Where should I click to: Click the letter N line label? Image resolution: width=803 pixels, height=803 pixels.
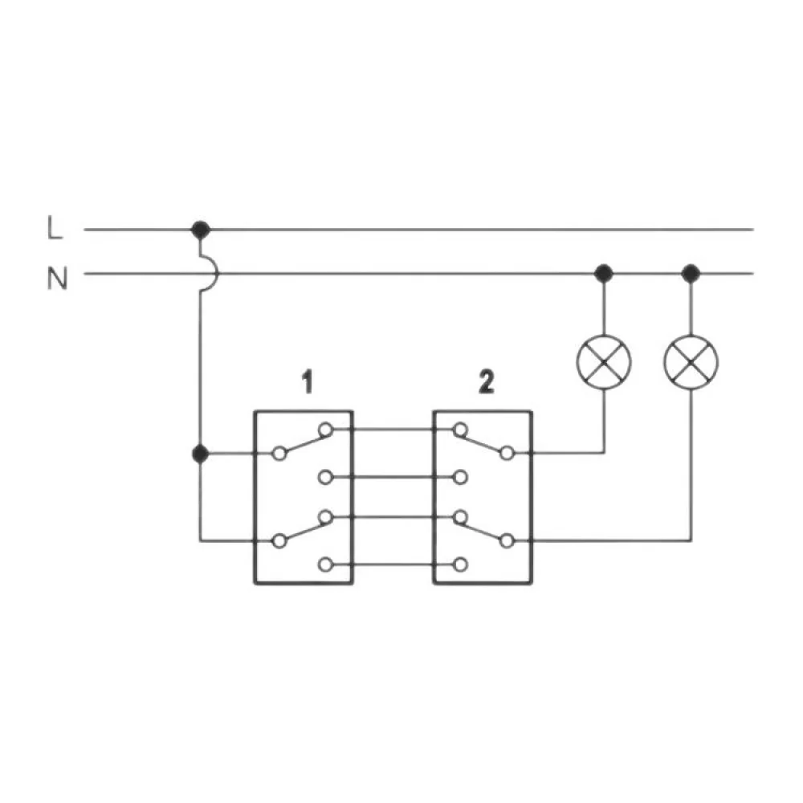[x=56, y=279]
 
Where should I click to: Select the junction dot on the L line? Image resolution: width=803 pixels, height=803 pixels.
[x=201, y=230]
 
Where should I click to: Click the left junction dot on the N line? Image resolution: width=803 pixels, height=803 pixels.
[x=603, y=274]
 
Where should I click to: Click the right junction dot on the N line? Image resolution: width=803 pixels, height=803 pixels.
[x=691, y=274]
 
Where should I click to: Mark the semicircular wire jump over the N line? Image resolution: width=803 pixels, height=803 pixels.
[x=210, y=274]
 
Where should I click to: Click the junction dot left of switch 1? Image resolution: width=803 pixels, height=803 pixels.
[x=201, y=454]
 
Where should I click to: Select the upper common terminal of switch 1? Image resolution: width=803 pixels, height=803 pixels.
[x=279, y=454]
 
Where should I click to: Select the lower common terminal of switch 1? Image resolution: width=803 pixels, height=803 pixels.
[x=279, y=541]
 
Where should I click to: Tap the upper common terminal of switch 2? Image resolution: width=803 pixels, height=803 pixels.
[x=507, y=454]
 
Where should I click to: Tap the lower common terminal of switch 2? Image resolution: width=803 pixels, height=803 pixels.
[x=507, y=541]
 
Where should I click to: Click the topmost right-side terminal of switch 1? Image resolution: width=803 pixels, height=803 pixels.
[x=325, y=430]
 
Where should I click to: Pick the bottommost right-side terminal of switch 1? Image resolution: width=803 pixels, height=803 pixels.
[x=325, y=565]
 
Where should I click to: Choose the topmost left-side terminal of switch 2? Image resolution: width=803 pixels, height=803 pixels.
[x=460, y=430]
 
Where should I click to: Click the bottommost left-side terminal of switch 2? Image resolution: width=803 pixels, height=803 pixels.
[x=460, y=565]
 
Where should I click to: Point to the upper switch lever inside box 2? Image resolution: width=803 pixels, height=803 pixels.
[x=483, y=442]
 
